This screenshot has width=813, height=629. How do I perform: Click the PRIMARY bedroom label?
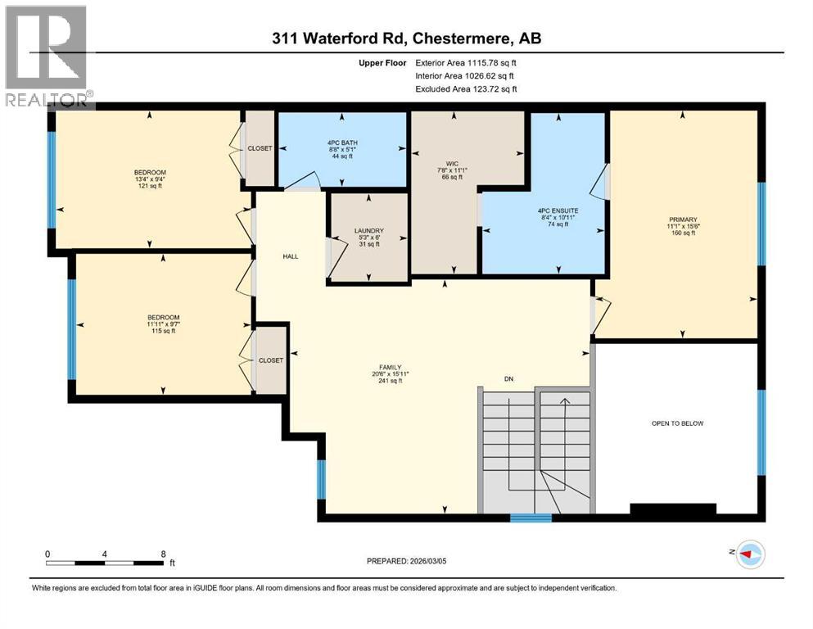click(682, 219)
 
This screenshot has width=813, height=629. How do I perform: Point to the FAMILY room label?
click(389, 368)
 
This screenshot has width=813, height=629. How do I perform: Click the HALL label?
click(290, 256)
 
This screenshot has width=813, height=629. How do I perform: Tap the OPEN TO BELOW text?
click(677, 423)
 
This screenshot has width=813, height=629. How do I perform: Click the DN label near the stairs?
click(508, 378)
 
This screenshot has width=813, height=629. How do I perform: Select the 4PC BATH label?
click(342, 143)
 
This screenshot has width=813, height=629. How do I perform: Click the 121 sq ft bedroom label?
click(149, 172)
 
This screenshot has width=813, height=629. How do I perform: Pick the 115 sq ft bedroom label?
click(163, 318)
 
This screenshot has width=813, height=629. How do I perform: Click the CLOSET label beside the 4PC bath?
click(260, 148)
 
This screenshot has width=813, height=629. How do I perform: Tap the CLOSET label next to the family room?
click(270, 360)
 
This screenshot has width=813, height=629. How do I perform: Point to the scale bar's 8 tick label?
click(163, 554)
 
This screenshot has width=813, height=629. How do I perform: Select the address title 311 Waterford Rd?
click(407, 38)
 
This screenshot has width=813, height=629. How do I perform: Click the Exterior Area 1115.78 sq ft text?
click(466, 62)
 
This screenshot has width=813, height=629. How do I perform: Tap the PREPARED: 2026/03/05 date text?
click(407, 561)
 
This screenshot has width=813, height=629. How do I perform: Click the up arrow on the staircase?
click(564, 403)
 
